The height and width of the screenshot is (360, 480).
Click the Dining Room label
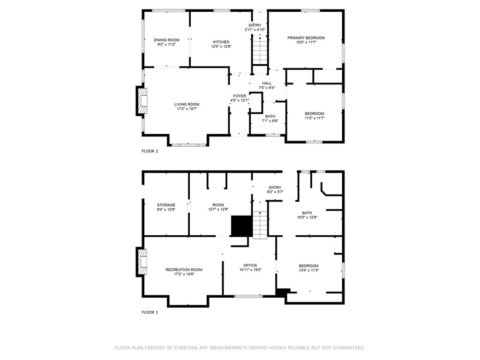coord(166,40)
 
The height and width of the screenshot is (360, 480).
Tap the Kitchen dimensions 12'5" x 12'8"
coord(221,46)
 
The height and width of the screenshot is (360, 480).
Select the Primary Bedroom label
coord(306,38)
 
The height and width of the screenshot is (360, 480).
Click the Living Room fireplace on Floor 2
coord(142,101)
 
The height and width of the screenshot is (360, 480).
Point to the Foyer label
coord(239,96)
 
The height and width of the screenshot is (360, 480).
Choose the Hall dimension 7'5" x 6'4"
coord(267,88)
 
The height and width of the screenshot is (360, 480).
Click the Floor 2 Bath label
coord(270,116)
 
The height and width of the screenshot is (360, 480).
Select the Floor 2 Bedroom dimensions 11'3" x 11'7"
coord(314,118)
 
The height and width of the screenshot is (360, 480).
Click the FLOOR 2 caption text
coord(150,151)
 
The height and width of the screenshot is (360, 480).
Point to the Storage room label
coord(166,205)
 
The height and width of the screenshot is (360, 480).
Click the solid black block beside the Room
coord(241,225)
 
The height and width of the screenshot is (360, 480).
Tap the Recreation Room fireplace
coord(142,264)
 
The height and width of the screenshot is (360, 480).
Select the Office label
coord(250,265)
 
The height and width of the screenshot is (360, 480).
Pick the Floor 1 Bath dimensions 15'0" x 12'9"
coord(307,217)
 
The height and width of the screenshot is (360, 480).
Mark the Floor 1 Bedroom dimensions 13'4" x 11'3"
coord(308,270)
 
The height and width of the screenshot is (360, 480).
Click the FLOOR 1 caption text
coord(150,312)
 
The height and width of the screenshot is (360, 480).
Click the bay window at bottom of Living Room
coord(188,145)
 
